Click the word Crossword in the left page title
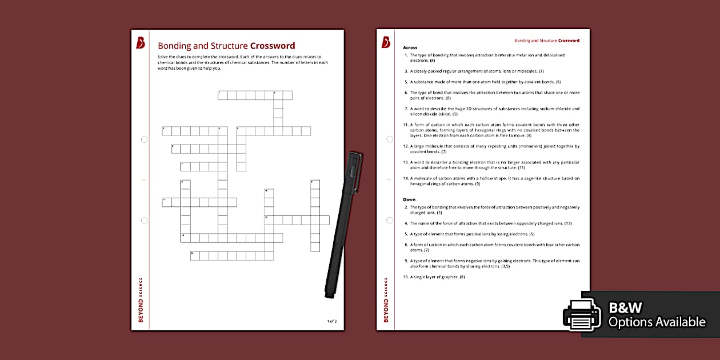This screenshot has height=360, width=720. pos(273,46)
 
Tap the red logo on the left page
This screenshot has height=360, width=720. pos(141,43)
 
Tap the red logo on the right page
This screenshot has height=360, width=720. pos(386,42)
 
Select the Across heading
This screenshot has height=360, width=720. pos(410,47)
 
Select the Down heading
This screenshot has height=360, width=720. pos(409,200)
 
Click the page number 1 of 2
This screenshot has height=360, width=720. pos(332,321)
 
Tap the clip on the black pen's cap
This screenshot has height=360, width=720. pos(353,170)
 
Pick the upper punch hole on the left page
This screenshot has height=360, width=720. pos(144,139)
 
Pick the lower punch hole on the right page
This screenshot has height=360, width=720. pos(390,220)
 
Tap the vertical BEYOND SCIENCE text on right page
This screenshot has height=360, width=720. pos(386,300)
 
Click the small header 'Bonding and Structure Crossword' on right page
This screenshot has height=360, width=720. pos(547,41)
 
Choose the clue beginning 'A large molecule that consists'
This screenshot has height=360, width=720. pos(494,149)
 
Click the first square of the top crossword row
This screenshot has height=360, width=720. pos(223,95)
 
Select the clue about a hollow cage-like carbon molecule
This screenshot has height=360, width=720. pos(494,181)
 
